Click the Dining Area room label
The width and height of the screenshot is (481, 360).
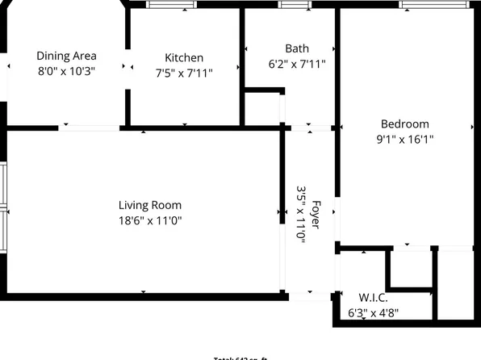coord(66,56)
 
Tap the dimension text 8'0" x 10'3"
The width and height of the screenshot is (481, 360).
coord(66,71)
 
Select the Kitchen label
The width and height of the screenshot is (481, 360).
coord(184,58)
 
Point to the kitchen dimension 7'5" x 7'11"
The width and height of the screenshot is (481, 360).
coord(184,73)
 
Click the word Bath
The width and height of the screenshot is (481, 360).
coord(296,48)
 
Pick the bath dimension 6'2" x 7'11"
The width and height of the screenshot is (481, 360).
coord(296,63)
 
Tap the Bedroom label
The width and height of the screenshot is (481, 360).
coord(404,123)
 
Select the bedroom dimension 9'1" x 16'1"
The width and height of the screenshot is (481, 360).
coord(404,139)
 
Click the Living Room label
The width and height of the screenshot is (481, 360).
coord(150,205)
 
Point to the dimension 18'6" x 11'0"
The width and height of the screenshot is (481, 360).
coord(150,220)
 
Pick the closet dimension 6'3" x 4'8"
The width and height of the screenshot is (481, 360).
coord(373,312)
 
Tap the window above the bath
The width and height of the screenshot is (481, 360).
coord(295,5)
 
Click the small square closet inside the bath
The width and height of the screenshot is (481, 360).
coord(261,109)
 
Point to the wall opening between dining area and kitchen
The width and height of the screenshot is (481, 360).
coord(128,66)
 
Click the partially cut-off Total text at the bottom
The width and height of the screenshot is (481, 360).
coord(240,358)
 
